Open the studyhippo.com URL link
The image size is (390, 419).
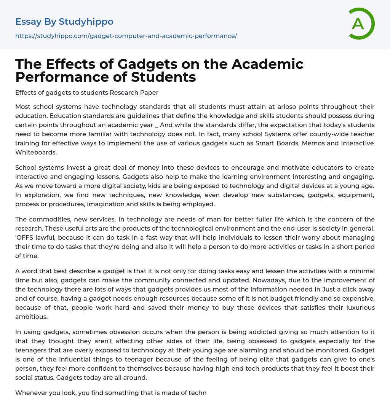tap(126, 36)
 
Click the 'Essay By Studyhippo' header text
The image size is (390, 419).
tap(64, 22)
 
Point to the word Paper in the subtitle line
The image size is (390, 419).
tap(150, 92)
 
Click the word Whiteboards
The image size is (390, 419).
tap(36, 152)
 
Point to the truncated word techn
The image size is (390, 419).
tap(198, 393)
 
